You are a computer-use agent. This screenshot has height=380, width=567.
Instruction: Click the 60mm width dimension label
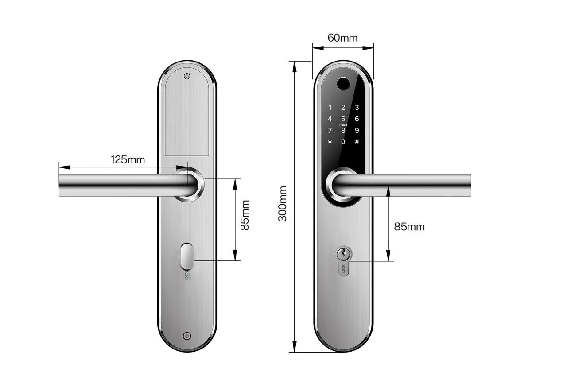coord(342,38)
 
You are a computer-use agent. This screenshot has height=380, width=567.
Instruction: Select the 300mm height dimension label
coord(283,204)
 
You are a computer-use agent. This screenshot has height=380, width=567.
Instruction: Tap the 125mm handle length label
coord(128,159)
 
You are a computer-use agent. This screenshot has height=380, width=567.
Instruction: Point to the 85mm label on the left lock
coord(245,215)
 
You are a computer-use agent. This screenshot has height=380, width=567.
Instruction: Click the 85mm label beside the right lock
coord(409,227)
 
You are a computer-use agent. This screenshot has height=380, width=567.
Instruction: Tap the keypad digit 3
coord(357,107)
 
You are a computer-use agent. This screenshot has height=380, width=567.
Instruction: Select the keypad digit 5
coord(343,119)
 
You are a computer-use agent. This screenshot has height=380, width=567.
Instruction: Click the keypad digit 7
coord(330,131)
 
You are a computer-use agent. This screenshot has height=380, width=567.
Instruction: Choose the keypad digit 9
coord(357,131)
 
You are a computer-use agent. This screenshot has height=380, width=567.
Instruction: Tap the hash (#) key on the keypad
coord(357,142)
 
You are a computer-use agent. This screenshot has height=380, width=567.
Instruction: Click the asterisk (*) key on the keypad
coord(330,142)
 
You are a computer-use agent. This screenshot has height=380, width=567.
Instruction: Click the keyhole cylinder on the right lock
coord(343,254)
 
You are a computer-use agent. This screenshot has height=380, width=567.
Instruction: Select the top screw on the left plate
coord(187,76)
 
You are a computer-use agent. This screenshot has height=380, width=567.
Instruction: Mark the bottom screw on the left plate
coord(187,336)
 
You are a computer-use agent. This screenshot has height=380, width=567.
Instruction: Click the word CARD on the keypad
coord(343,125)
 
